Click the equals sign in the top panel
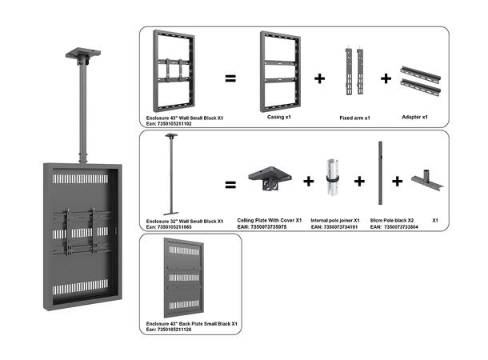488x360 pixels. pyautogui.click(x=230, y=78)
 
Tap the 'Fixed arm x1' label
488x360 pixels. pyautogui.click(x=355, y=117)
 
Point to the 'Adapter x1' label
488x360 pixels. pyautogui.click(x=414, y=117)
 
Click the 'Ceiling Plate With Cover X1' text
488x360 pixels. pyautogui.click(x=270, y=220)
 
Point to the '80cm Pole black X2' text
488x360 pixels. pyautogui.click(x=390, y=220)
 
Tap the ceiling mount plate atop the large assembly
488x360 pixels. pyautogui.click(x=83, y=57)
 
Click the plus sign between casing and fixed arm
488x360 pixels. pyautogui.click(x=320, y=78)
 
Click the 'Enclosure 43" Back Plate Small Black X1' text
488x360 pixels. pyautogui.click(x=191, y=323)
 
